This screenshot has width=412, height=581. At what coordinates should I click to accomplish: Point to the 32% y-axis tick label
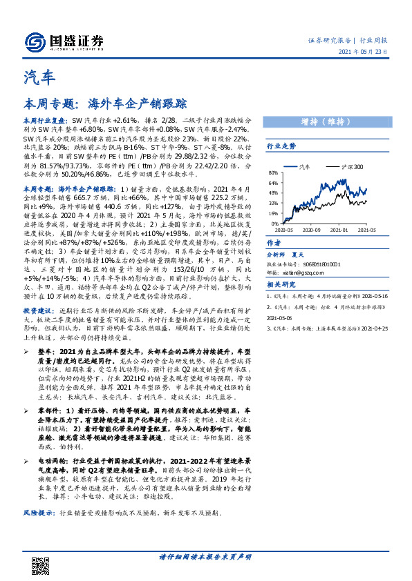(273, 204)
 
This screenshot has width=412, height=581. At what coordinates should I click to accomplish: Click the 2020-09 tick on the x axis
(314, 229)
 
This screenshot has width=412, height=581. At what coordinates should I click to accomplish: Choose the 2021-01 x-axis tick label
(340, 229)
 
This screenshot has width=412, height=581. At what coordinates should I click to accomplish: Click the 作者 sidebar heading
(274, 244)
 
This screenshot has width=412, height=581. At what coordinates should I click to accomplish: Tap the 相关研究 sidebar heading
(281, 285)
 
